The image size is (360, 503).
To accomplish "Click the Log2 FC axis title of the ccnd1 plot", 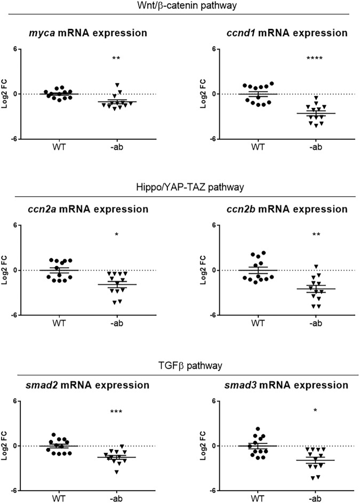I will click(x=204, y=94).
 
